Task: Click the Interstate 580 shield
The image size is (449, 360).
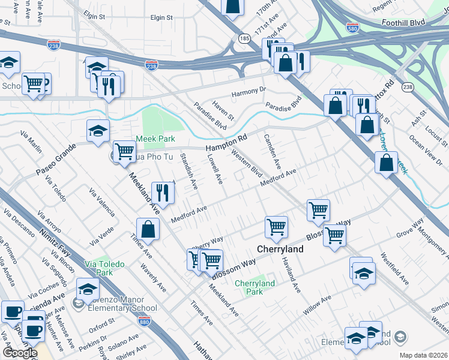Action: [x=354, y=28]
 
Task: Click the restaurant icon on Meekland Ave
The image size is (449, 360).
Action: [x=163, y=193]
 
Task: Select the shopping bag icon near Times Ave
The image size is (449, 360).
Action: [x=148, y=229]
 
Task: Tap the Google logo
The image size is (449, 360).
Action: [x=20, y=352]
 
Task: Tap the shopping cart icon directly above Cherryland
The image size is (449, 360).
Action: [x=277, y=227]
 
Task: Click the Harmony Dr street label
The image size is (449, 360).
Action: [x=249, y=92]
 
